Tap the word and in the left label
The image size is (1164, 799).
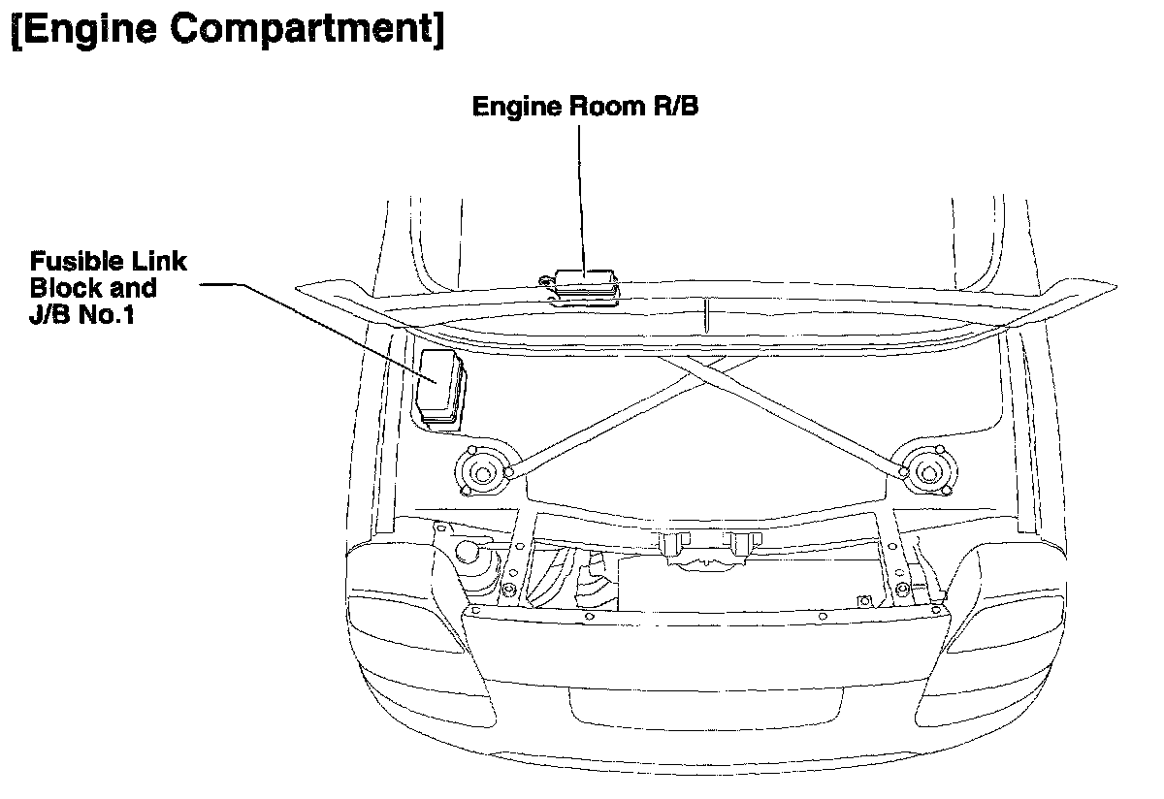pos(136,288)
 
